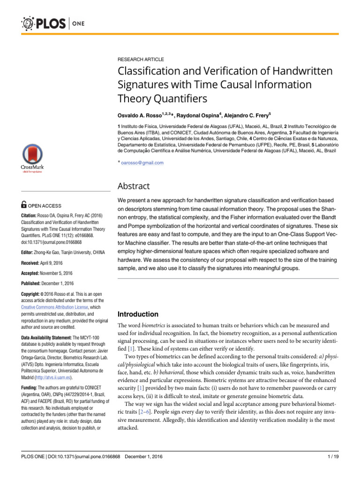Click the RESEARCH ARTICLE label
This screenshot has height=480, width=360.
click(x=140, y=60)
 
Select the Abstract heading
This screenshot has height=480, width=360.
click(x=134, y=186)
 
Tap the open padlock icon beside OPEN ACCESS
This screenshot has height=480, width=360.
click(x=24, y=205)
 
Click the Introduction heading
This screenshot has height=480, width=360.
click(x=138, y=314)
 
